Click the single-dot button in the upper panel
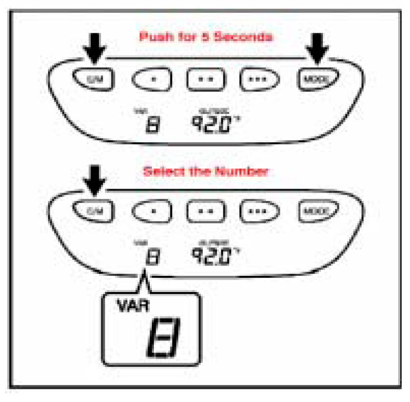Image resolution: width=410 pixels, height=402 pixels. (x=152, y=78)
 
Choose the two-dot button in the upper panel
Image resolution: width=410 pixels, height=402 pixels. (x=206, y=78)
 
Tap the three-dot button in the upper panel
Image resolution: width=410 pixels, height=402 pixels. (x=259, y=78)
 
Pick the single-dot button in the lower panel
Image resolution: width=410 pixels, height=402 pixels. (x=152, y=211)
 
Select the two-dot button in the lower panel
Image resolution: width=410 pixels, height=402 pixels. (x=206, y=211)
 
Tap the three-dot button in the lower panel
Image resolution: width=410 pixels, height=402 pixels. (x=259, y=211)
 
